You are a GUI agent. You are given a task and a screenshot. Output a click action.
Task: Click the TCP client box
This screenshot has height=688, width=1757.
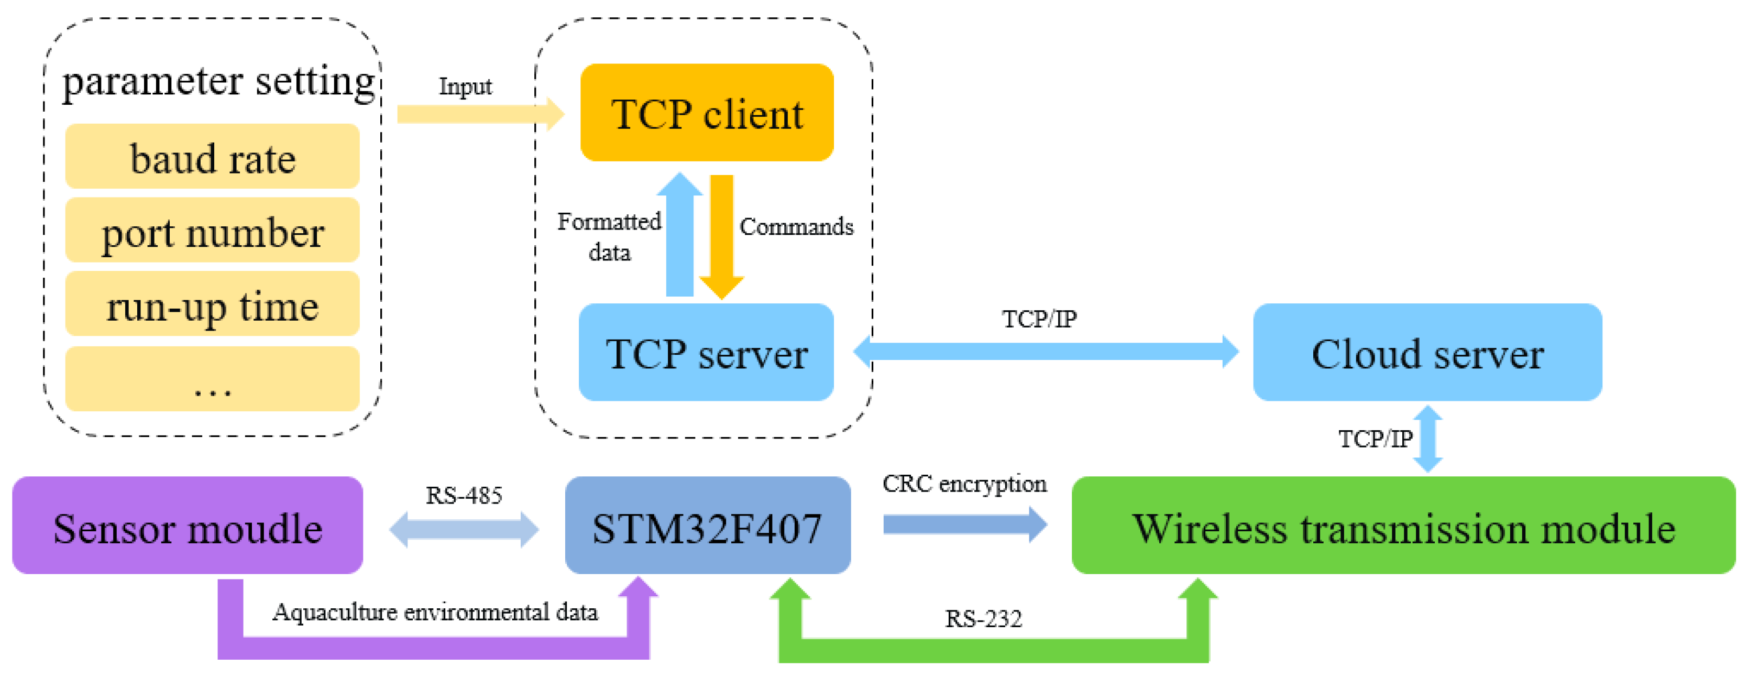click(x=707, y=113)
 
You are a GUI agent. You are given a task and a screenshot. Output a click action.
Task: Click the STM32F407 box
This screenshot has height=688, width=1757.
click(x=707, y=526)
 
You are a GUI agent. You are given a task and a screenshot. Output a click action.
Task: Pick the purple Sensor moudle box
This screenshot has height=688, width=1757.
click(x=188, y=526)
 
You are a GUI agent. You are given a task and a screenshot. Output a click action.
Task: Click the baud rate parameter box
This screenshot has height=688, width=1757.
click(x=212, y=156)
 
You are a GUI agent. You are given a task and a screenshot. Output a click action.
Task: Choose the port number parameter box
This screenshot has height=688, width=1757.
click(x=212, y=230)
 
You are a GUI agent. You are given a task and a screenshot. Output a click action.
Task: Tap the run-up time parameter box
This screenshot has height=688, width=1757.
click(x=212, y=304)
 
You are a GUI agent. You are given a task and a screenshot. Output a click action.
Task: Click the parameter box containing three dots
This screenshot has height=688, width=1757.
click(x=212, y=379)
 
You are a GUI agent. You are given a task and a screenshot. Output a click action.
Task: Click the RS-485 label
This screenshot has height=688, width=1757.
click(x=464, y=495)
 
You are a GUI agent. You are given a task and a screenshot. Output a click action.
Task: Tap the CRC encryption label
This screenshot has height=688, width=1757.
click(x=964, y=483)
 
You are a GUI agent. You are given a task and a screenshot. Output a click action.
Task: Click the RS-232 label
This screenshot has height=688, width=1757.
click(x=983, y=619)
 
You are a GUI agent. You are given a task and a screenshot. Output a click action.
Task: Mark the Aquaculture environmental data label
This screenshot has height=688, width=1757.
click(x=435, y=611)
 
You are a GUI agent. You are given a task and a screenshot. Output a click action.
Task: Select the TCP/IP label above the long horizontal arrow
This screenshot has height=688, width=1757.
click(x=1039, y=318)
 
